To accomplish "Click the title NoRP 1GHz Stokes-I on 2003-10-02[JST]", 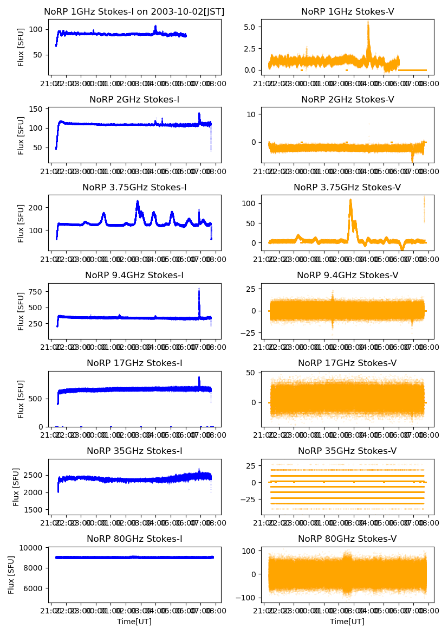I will (x=134, y=11).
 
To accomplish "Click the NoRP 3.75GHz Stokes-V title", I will (x=347, y=187).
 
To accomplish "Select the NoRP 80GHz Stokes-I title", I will (x=134, y=539).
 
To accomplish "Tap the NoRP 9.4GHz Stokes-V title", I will (x=347, y=275).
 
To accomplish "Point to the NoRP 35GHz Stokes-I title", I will (x=134, y=451).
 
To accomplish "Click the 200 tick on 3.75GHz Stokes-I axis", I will (x=37, y=208).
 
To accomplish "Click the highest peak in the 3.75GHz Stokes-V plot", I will (x=350, y=200).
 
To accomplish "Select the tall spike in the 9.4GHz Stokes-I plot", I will (x=199, y=290).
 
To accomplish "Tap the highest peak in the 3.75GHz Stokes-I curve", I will (x=138, y=202).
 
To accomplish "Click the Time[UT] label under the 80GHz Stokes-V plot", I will (x=347, y=622).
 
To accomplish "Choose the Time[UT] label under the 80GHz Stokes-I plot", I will (x=134, y=622).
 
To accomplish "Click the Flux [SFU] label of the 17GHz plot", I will (x=21, y=399).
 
